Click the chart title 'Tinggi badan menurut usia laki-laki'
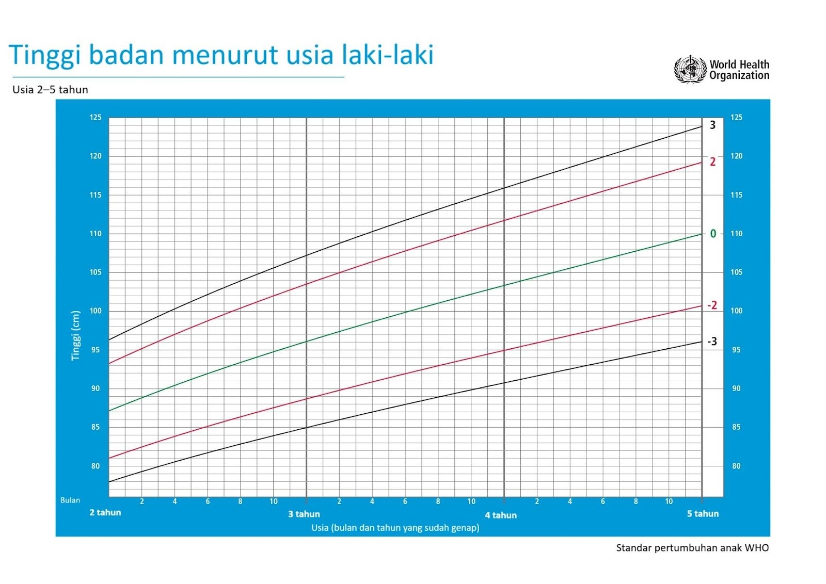click(221, 55)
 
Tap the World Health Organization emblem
click(690, 69)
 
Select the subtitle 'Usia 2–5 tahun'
click(50, 90)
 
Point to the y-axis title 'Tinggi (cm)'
click(75, 336)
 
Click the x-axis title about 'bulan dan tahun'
click(395, 528)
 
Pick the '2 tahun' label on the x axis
click(105, 512)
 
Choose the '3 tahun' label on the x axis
click(304, 514)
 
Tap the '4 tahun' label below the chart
click(501, 515)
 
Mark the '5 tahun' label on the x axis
click(703, 514)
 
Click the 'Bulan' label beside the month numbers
click(70, 500)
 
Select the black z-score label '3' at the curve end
click(713, 125)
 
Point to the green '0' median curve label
click(713, 234)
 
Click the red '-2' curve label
click(712, 305)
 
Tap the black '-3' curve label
click(712, 342)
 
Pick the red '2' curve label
click(713, 161)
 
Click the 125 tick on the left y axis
click(96, 118)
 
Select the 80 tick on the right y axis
click(736, 466)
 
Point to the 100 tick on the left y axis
click(96, 311)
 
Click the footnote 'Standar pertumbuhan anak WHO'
click(692, 548)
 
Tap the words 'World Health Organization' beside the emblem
click(739, 70)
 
